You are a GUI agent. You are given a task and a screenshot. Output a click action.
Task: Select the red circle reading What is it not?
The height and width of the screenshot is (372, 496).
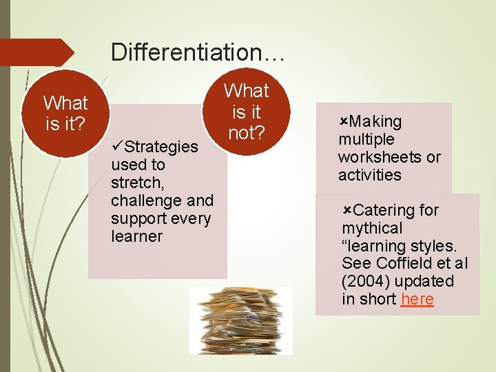tap(246, 111)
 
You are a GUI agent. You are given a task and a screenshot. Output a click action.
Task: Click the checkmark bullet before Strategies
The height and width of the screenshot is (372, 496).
tap(116, 147)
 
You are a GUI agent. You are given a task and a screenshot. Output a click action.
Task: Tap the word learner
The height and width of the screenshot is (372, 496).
tap(136, 236)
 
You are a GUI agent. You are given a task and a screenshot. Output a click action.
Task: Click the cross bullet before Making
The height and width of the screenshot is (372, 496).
tap(343, 122)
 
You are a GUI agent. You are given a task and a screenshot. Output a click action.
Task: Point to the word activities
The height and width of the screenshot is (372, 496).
tap(369, 175)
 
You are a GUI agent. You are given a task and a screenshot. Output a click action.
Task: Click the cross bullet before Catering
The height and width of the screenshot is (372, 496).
tap(347, 210)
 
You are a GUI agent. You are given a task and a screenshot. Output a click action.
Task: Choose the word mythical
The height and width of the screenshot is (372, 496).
tap(372, 228)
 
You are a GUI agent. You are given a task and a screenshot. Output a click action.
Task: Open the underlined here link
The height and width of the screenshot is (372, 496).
tap(417, 300)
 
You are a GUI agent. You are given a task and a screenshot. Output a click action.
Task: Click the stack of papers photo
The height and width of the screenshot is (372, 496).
tap(240, 320)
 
